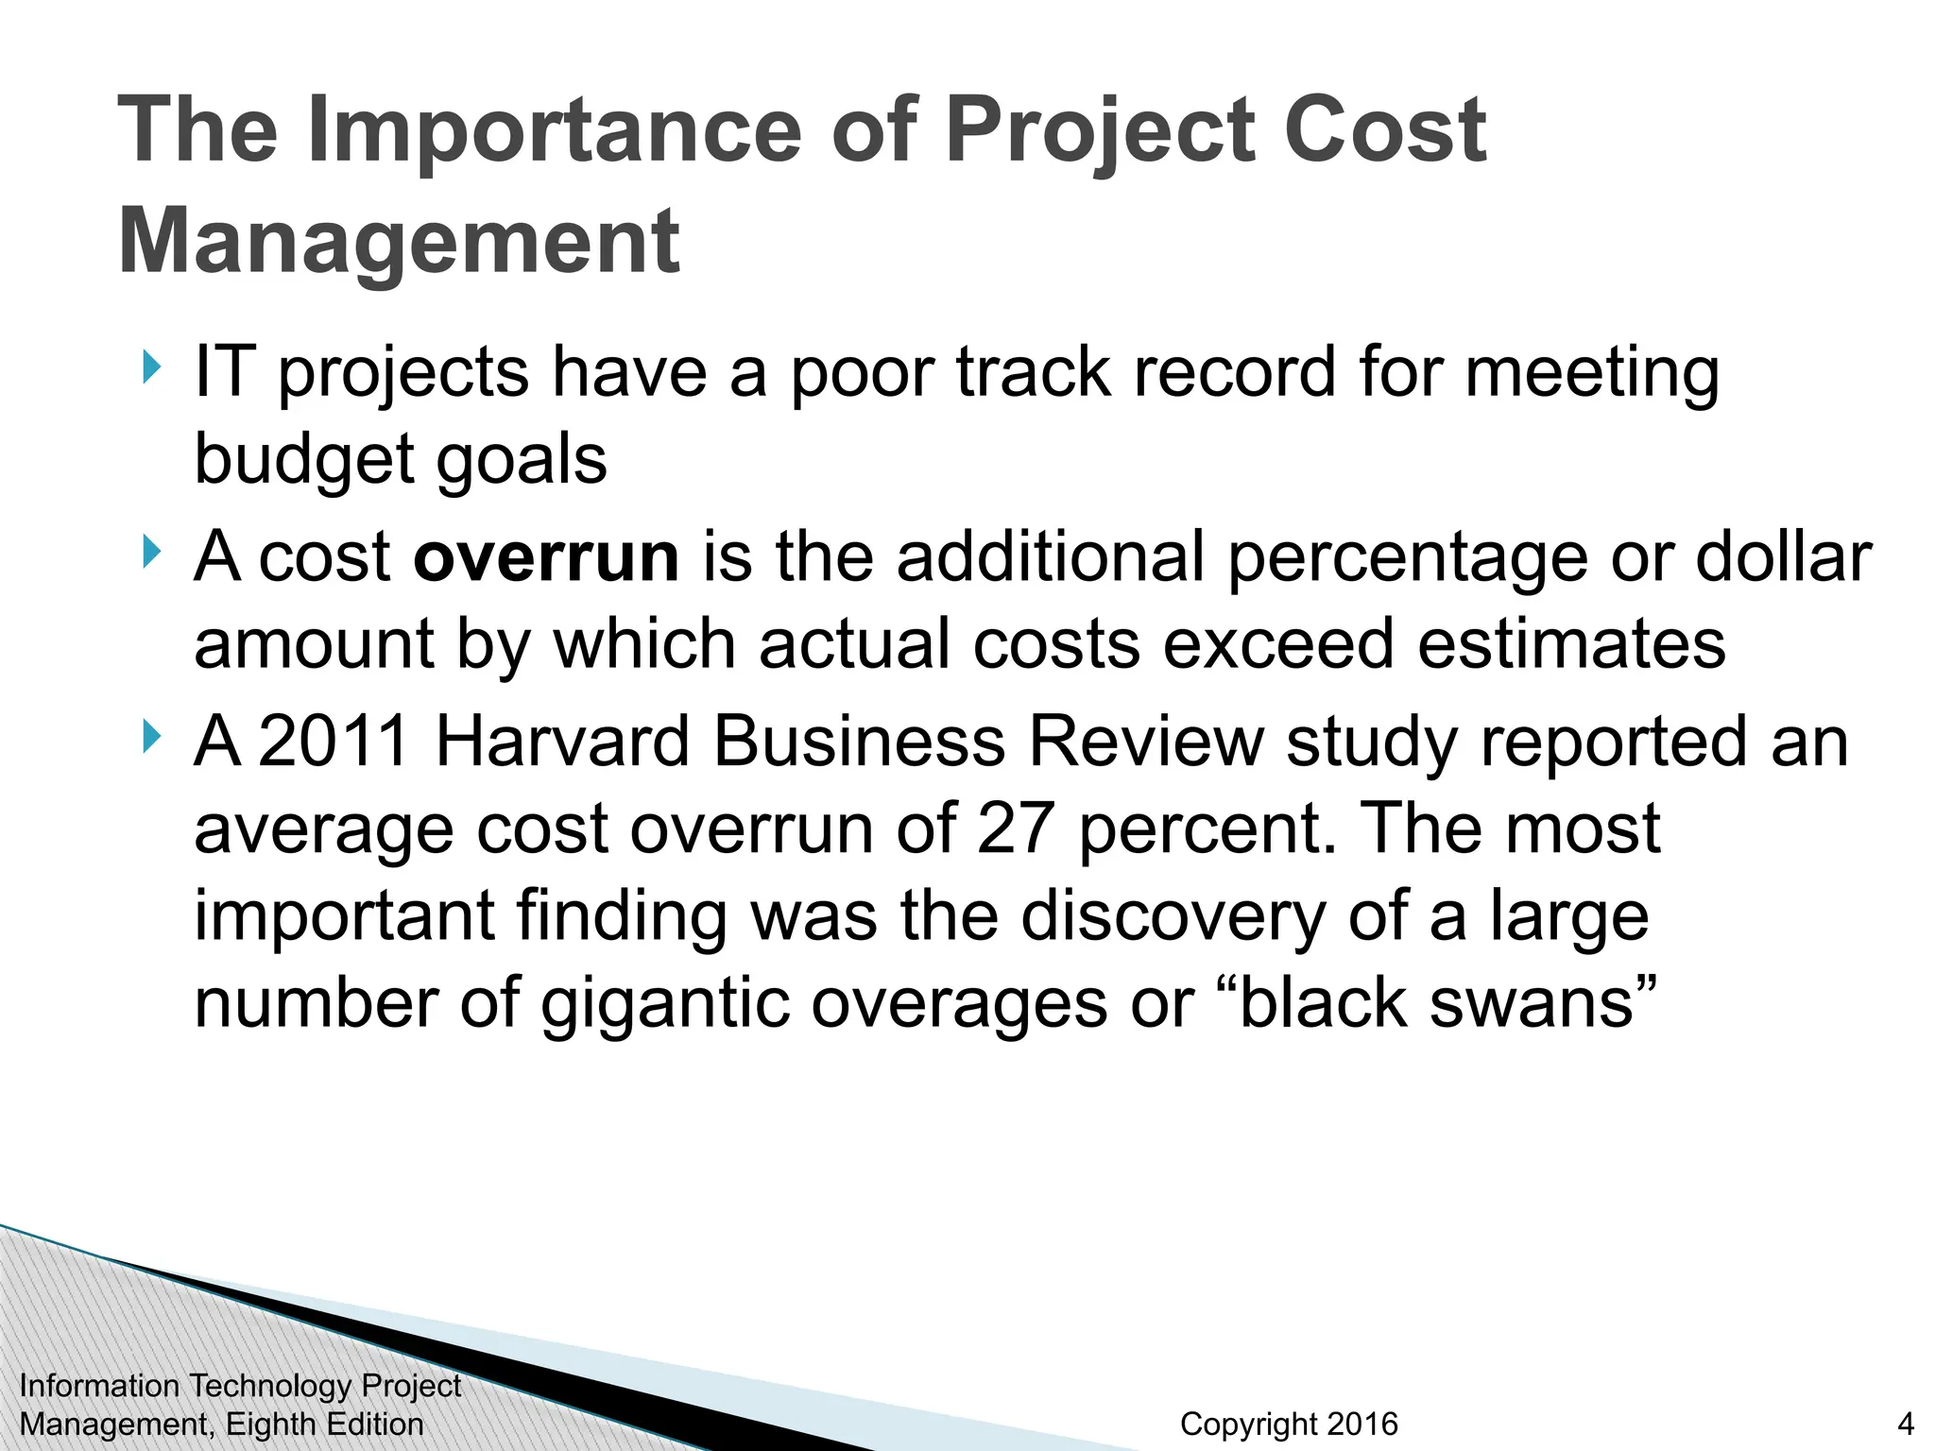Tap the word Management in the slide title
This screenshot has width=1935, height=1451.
coord(399,242)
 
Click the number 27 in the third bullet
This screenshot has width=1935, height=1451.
coord(1016,828)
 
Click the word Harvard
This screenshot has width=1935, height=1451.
coord(562,742)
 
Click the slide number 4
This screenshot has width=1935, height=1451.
coord(1906,1424)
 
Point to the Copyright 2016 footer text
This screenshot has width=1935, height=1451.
coord(1289,1424)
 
